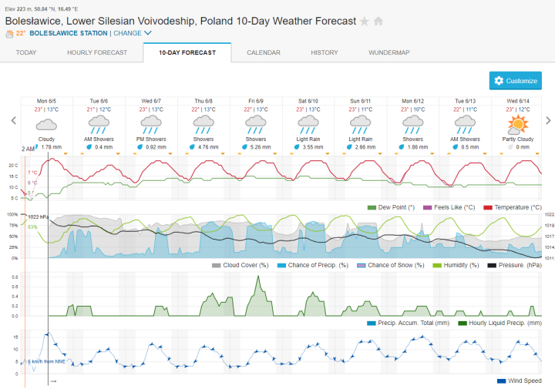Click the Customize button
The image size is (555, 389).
click(516, 81)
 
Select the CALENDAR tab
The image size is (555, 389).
click(264, 52)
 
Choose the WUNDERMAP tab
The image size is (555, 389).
click(388, 52)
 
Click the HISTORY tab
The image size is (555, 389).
click(324, 52)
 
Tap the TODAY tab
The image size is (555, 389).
click(26, 52)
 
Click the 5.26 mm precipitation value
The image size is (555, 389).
click(261, 146)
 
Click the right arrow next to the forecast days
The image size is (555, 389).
click(548, 120)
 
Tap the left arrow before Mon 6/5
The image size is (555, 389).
click(13, 120)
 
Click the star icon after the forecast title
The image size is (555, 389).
click(365, 21)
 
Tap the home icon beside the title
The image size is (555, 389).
click(378, 21)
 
